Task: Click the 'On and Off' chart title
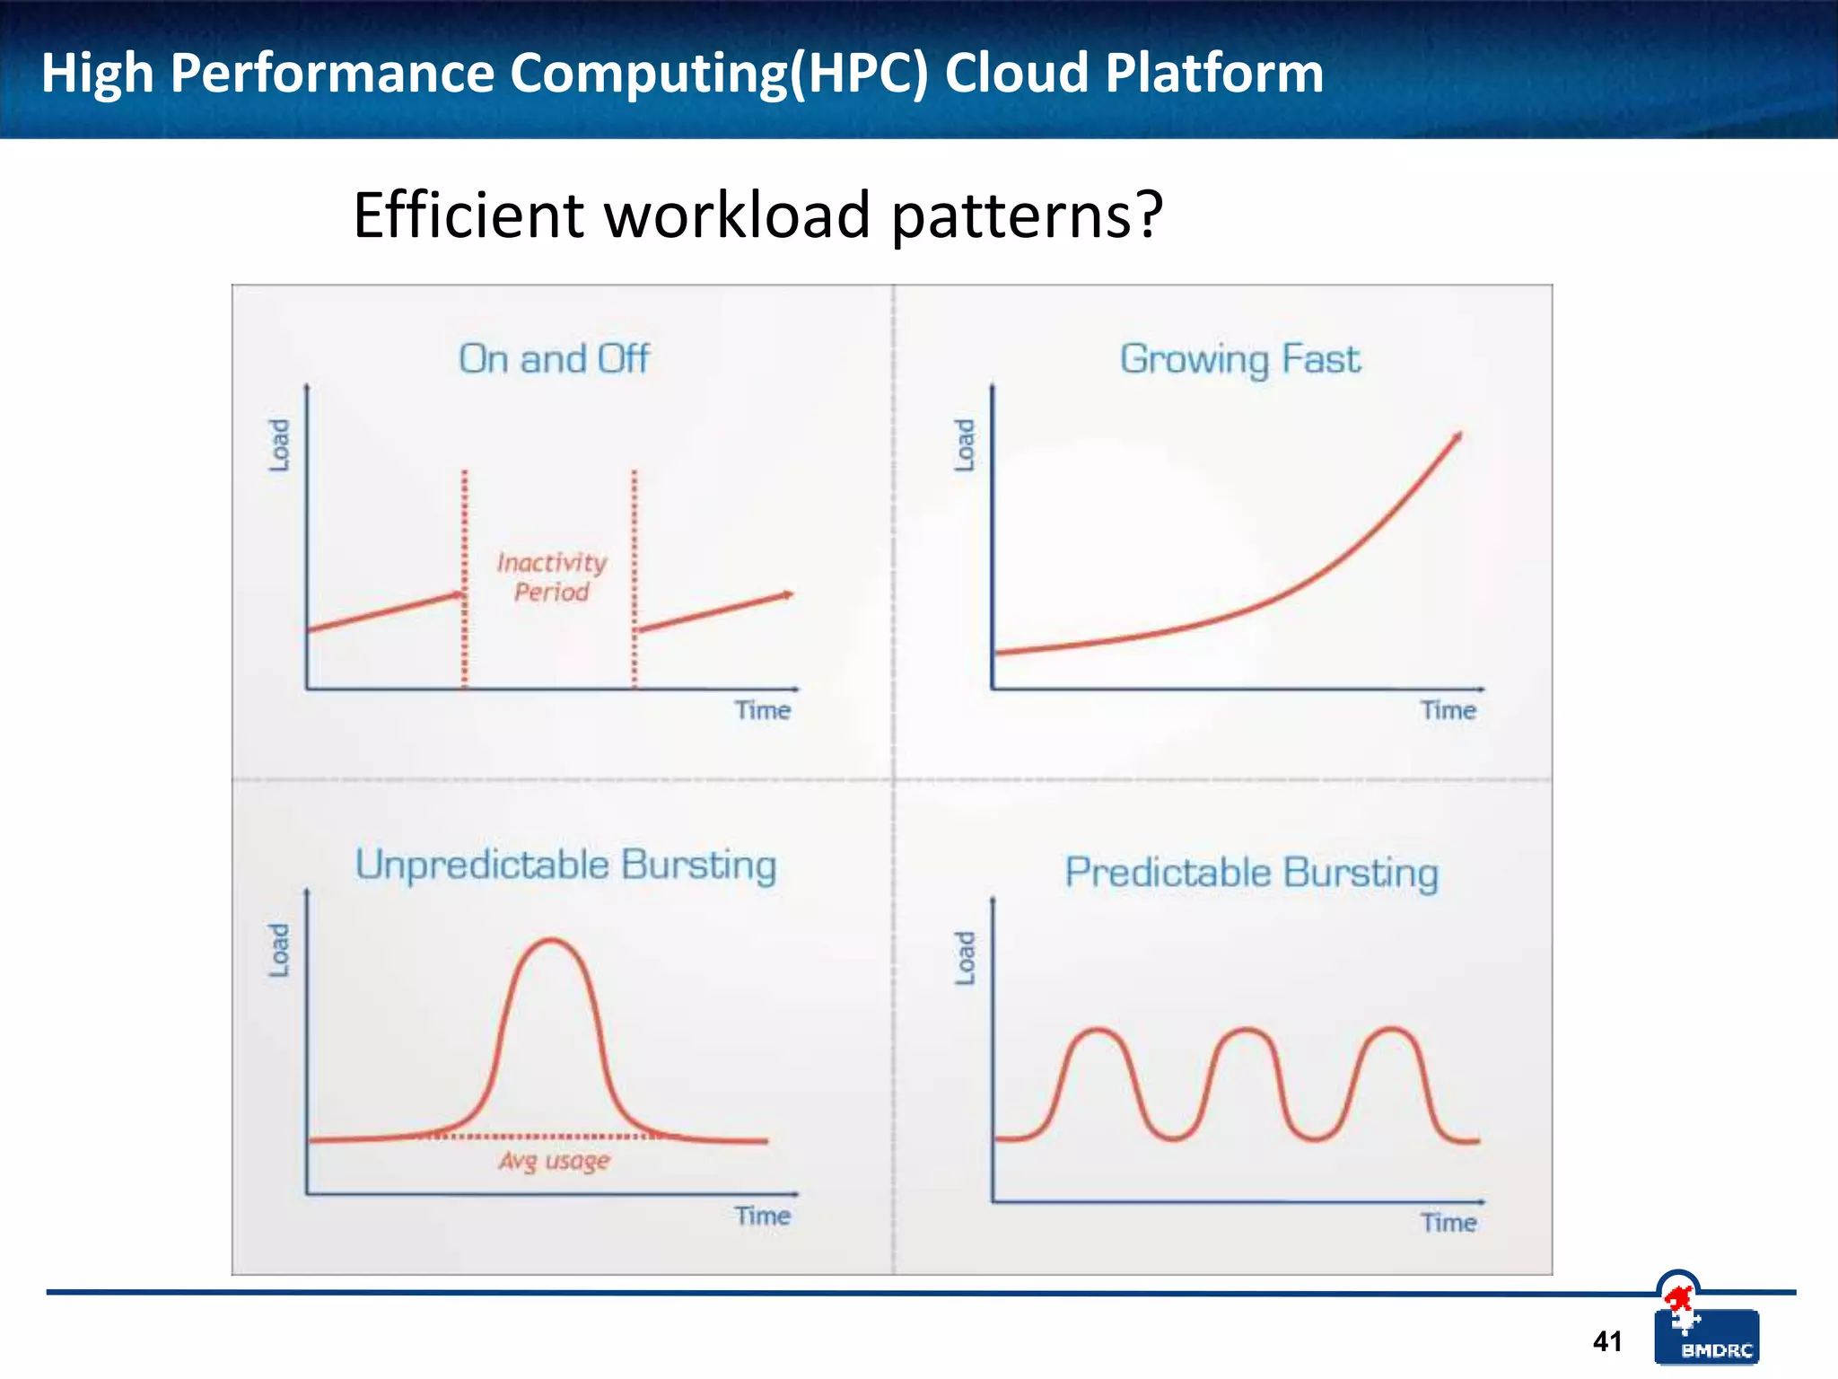[554, 359]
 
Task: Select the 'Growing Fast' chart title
[1239, 359]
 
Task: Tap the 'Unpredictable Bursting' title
[565, 865]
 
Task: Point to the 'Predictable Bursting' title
[1251, 873]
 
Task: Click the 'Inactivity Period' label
[551, 577]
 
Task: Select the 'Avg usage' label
[554, 1161]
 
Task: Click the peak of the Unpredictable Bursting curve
[551, 941]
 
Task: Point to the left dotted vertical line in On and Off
[464, 575]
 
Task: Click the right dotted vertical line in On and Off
[634, 575]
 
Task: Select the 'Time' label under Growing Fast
[1448, 711]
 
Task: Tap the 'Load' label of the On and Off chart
[279, 445]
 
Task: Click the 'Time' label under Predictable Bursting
[1448, 1223]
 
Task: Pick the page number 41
[1606, 1341]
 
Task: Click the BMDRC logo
[1706, 1336]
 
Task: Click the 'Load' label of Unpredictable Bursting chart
[279, 950]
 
